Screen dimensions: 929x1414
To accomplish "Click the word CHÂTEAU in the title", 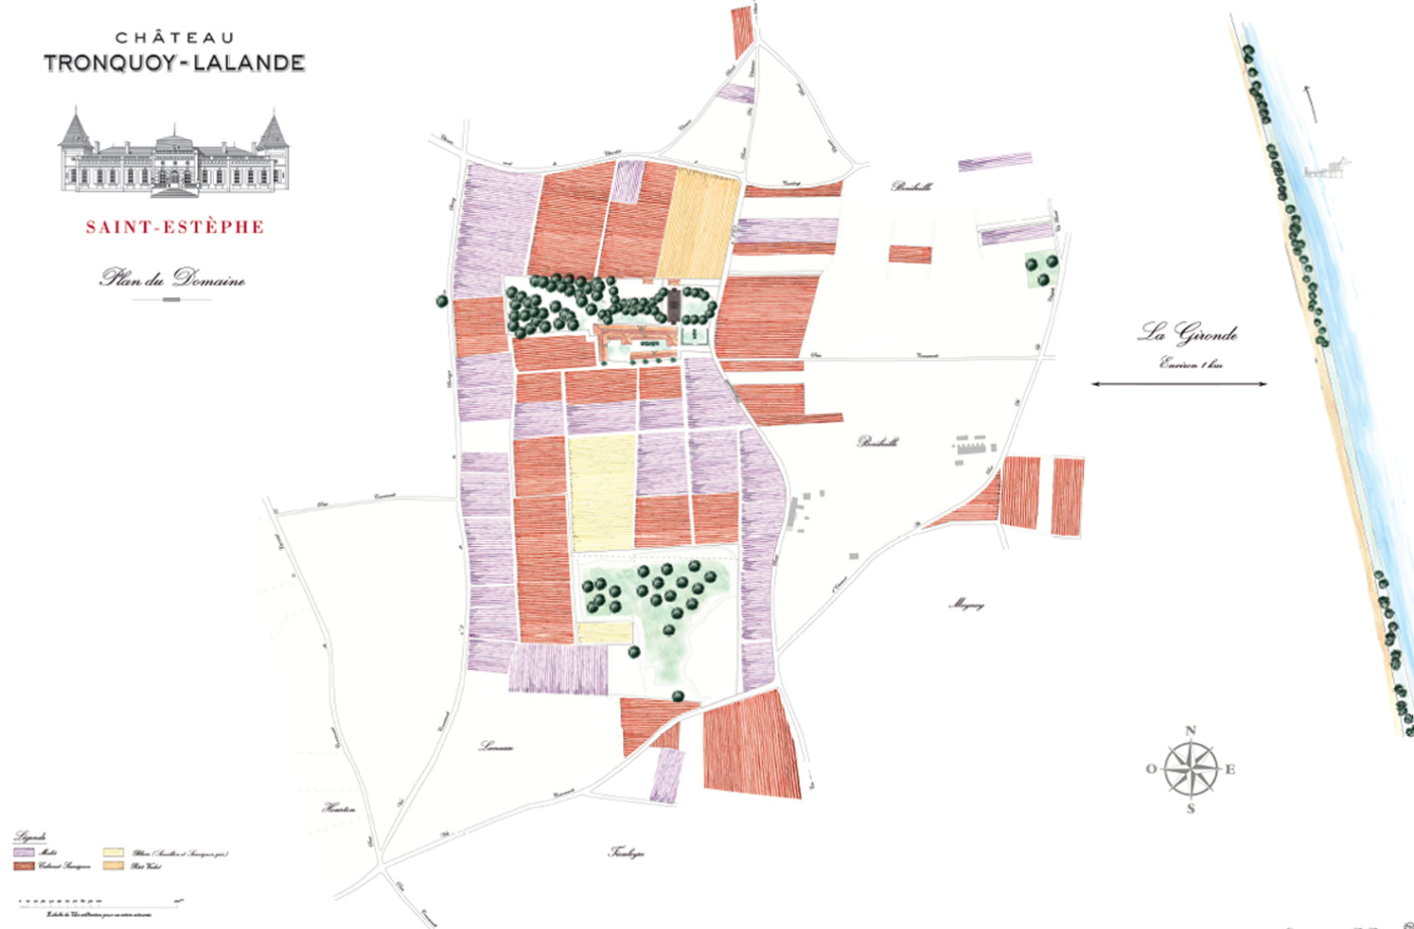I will [175, 38].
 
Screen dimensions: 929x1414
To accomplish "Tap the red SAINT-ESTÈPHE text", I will [175, 227].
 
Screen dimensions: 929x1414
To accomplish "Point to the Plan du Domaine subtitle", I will [172, 279].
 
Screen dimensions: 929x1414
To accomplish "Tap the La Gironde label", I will [1188, 333].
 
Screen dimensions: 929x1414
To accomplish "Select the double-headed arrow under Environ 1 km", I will [1179, 384].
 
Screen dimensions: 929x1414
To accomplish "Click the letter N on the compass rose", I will [1191, 731].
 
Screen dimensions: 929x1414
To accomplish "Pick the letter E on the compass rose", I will [1230, 769].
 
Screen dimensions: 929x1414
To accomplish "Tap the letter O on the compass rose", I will [1151, 769].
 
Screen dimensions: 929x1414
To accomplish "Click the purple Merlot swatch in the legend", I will [24, 853].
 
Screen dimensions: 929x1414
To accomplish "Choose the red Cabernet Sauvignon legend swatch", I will [24, 866].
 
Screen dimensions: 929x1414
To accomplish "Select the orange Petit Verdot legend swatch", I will [113, 866].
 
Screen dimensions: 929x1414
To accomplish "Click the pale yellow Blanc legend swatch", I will [113, 853].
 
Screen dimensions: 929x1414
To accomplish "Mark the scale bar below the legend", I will [100, 902].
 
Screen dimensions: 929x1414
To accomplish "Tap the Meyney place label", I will [966, 604].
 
